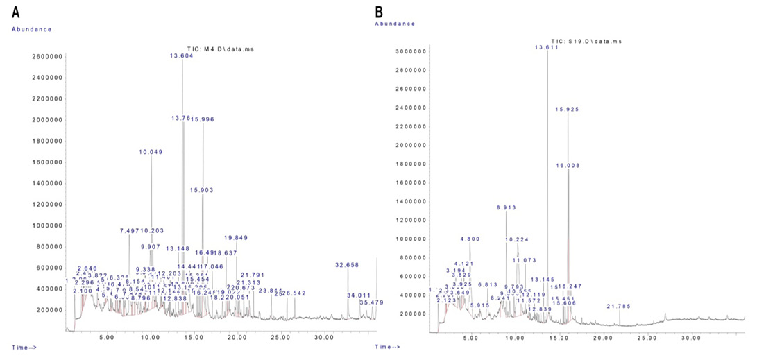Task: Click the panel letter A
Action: point(15,12)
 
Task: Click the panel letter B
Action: point(379,12)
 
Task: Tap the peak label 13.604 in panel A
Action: point(182,56)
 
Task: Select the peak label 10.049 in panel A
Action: point(151,152)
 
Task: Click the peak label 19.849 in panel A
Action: point(236,237)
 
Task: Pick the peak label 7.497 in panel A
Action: point(130,230)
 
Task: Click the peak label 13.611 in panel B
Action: point(547,48)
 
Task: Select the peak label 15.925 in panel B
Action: point(567,110)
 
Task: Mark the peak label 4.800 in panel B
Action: point(470,239)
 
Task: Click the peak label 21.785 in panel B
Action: point(619,306)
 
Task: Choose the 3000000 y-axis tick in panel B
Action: point(409,51)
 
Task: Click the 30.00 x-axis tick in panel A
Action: point(324,337)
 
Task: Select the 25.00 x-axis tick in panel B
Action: point(647,338)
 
